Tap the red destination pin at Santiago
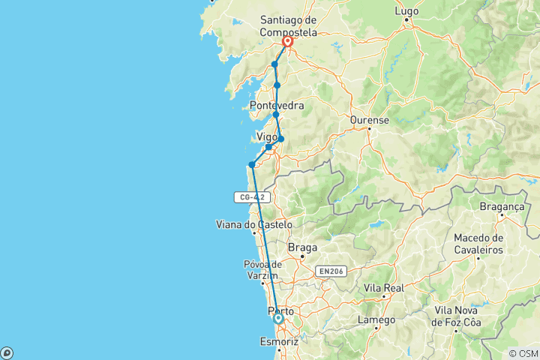click(287, 43)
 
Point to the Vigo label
click(267, 136)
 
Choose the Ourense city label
click(369, 119)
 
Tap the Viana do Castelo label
click(253, 224)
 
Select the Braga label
click(302, 247)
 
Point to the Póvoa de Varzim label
click(262, 269)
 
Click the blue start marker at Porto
click(278, 319)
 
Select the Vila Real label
click(383, 287)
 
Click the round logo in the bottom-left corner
click(7, 352)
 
